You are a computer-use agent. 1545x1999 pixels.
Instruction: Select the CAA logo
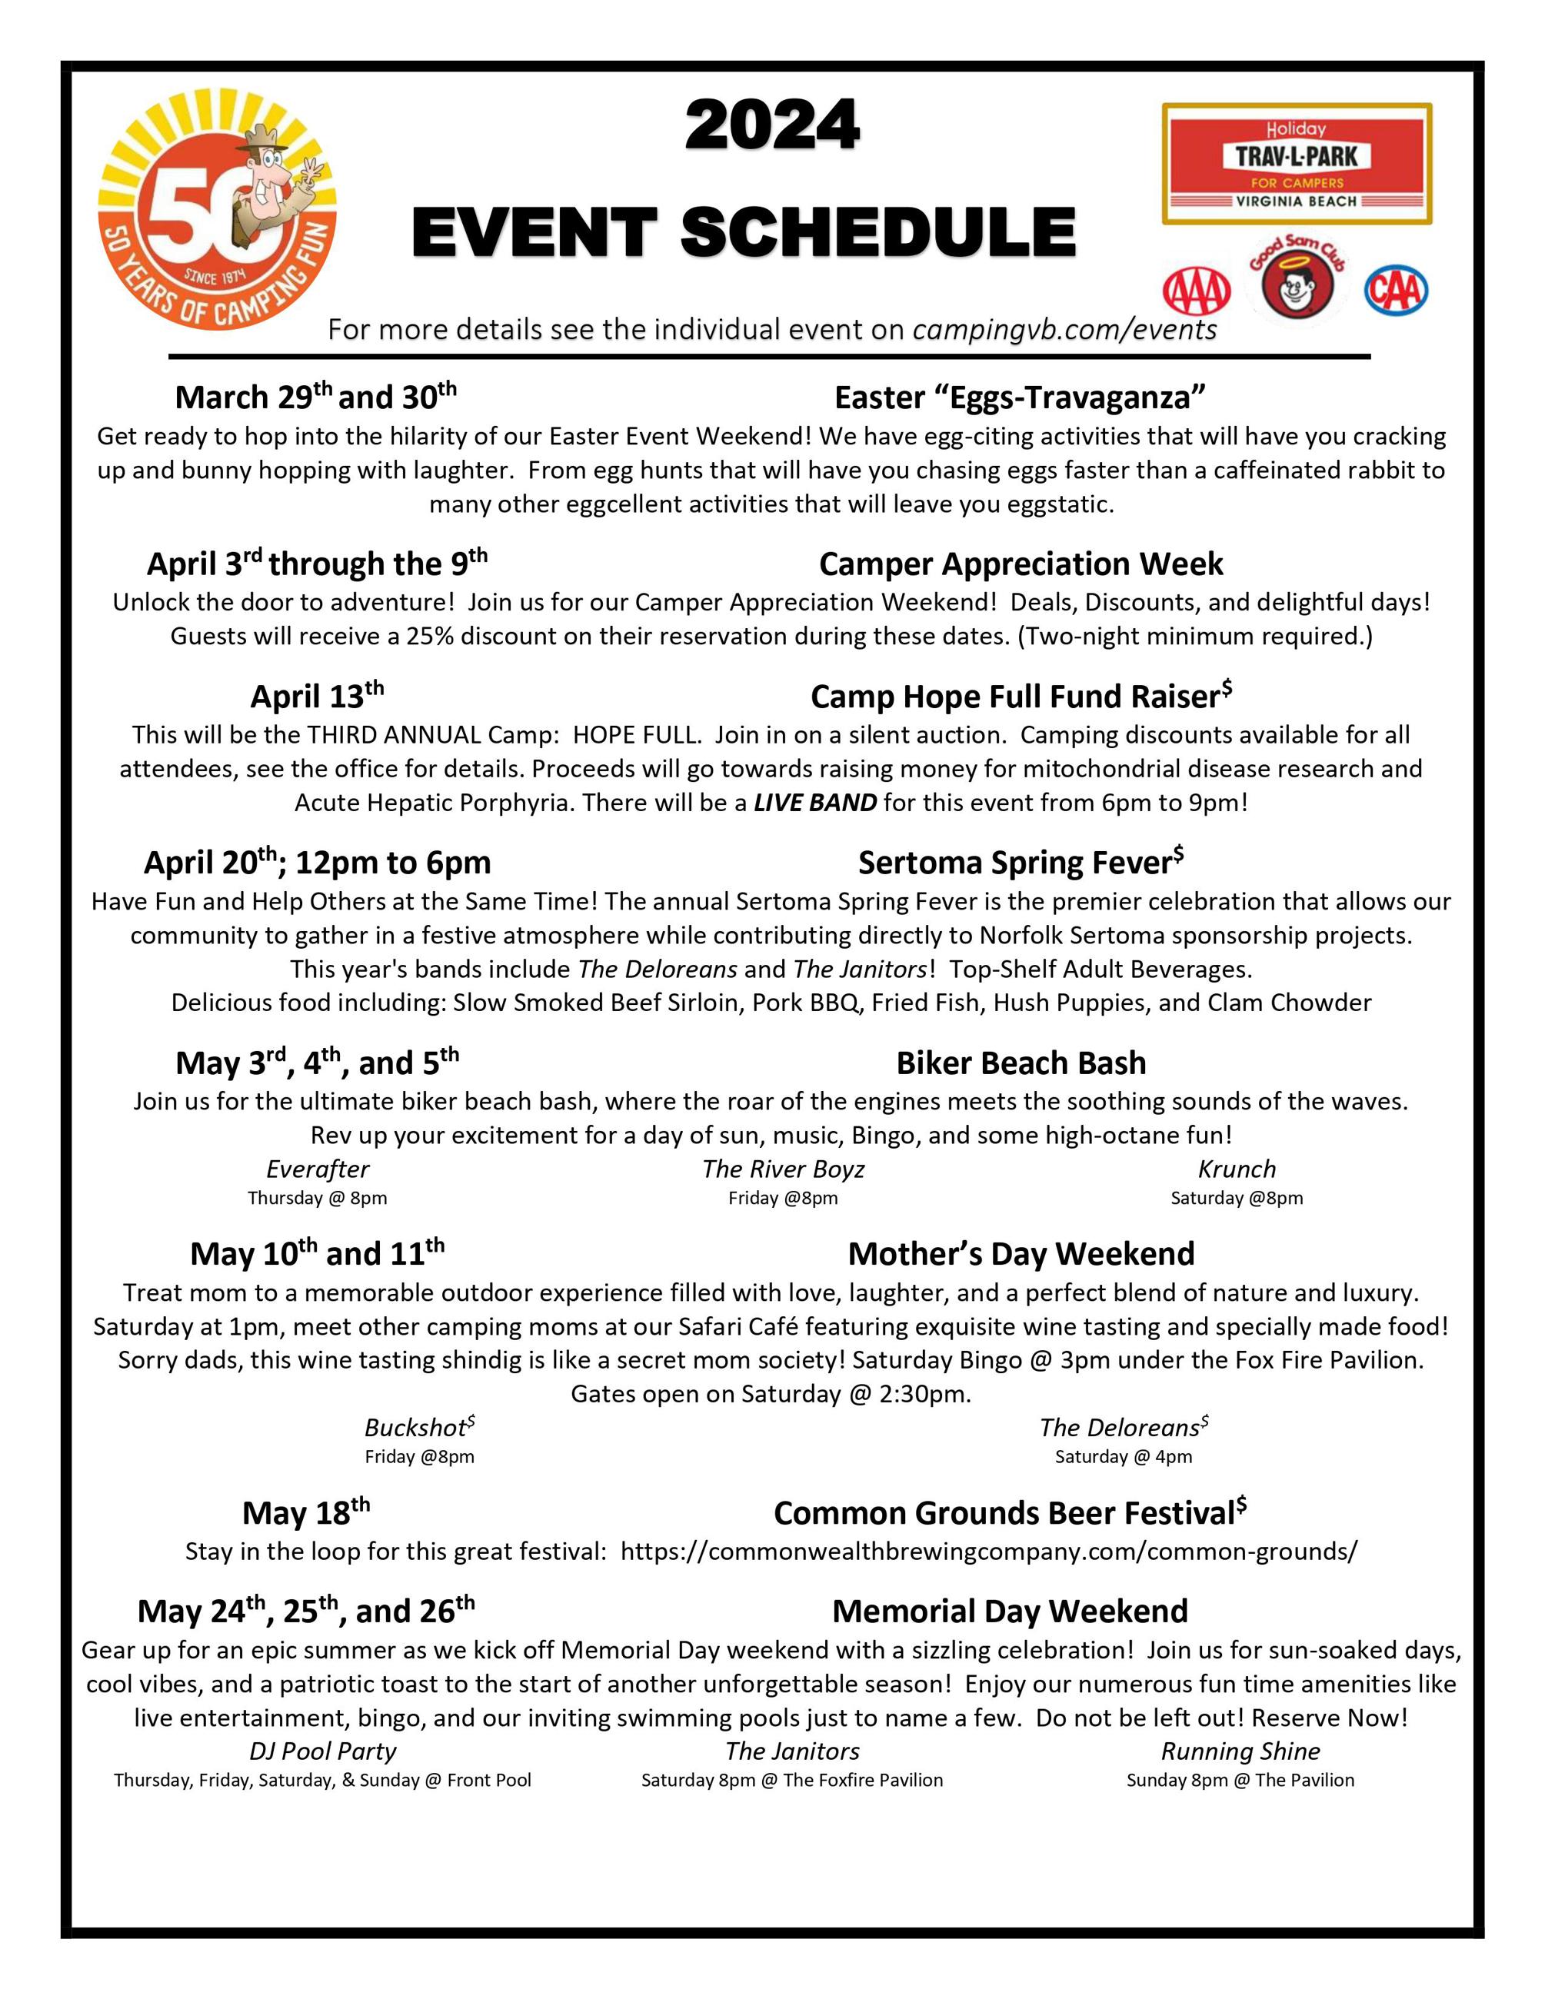click(x=1396, y=290)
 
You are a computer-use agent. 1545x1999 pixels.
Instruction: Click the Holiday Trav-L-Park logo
click(x=1297, y=165)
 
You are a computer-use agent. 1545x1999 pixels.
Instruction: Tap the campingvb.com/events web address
click(x=1064, y=330)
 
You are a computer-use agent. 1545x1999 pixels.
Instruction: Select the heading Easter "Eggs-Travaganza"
click(x=1020, y=397)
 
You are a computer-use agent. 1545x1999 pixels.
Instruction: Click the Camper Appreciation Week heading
click(x=1021, y=564)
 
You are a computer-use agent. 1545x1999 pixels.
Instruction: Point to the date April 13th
click(x=317, y=697)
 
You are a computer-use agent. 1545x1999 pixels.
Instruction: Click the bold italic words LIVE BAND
click(x=814, y=803)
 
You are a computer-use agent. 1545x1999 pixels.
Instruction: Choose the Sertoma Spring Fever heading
click(x=1021, y=862)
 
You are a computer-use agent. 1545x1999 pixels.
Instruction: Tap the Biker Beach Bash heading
click(x=1021, y=1063)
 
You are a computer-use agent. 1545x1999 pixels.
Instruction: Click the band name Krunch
click(x=1236, y=1169)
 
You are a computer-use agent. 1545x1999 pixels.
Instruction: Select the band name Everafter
click(x=318, y=1169)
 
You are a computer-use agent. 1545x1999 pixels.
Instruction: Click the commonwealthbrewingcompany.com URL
click(x=988, y=1552)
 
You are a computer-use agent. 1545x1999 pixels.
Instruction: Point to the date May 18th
click(x=306, y=1513)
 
